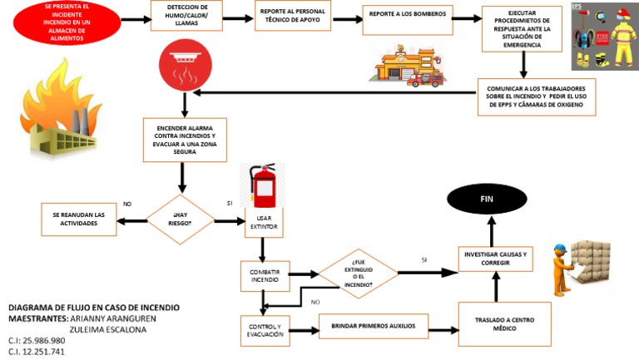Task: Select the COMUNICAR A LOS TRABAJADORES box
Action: (537, 96)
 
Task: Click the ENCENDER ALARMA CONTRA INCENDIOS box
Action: (185, 140)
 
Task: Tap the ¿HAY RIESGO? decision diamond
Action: (181, 219)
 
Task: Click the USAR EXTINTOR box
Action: (262, 221)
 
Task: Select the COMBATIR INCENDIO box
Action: (265, 276)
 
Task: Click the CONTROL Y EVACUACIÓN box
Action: (264, 330)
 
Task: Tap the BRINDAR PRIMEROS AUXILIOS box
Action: (373, 326)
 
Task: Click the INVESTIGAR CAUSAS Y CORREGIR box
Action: (494, 258)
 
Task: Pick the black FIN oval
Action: (488, 200)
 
